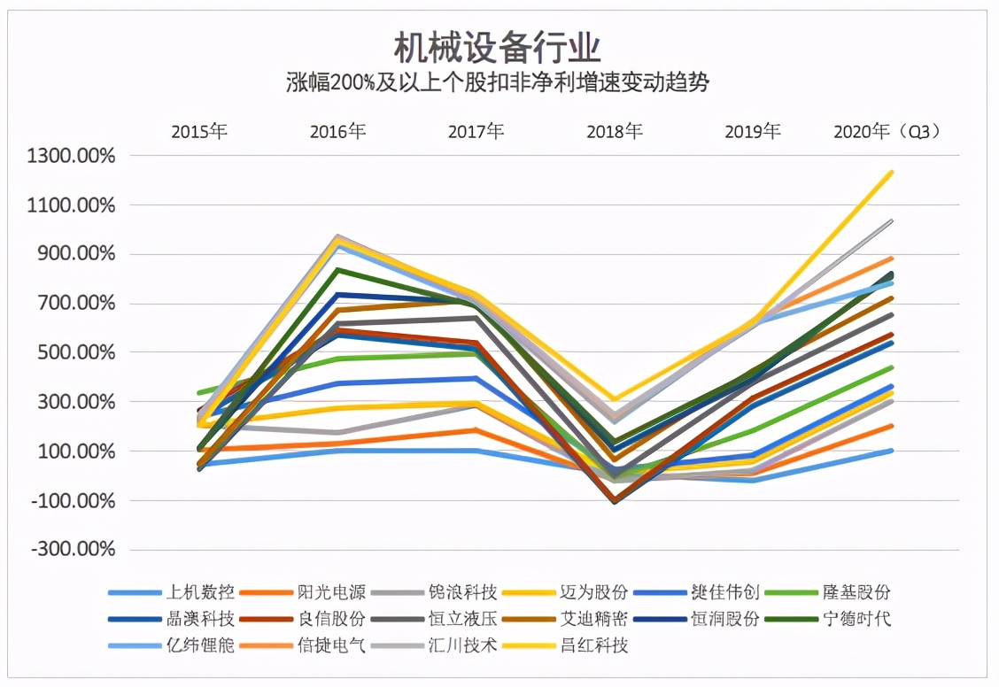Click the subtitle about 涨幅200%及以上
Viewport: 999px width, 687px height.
pos(498,83)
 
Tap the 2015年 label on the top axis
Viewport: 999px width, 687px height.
pos(199,132)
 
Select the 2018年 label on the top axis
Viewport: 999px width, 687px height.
pos(615,132)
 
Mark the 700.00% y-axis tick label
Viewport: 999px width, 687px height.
pos(77,304)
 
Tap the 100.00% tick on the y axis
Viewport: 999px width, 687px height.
pos(77,452)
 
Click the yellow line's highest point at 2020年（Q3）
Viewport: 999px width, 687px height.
pos(891,172)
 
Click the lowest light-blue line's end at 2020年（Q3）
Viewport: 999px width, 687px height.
pos(891,451)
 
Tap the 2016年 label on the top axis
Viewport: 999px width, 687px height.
pos(337,132)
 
